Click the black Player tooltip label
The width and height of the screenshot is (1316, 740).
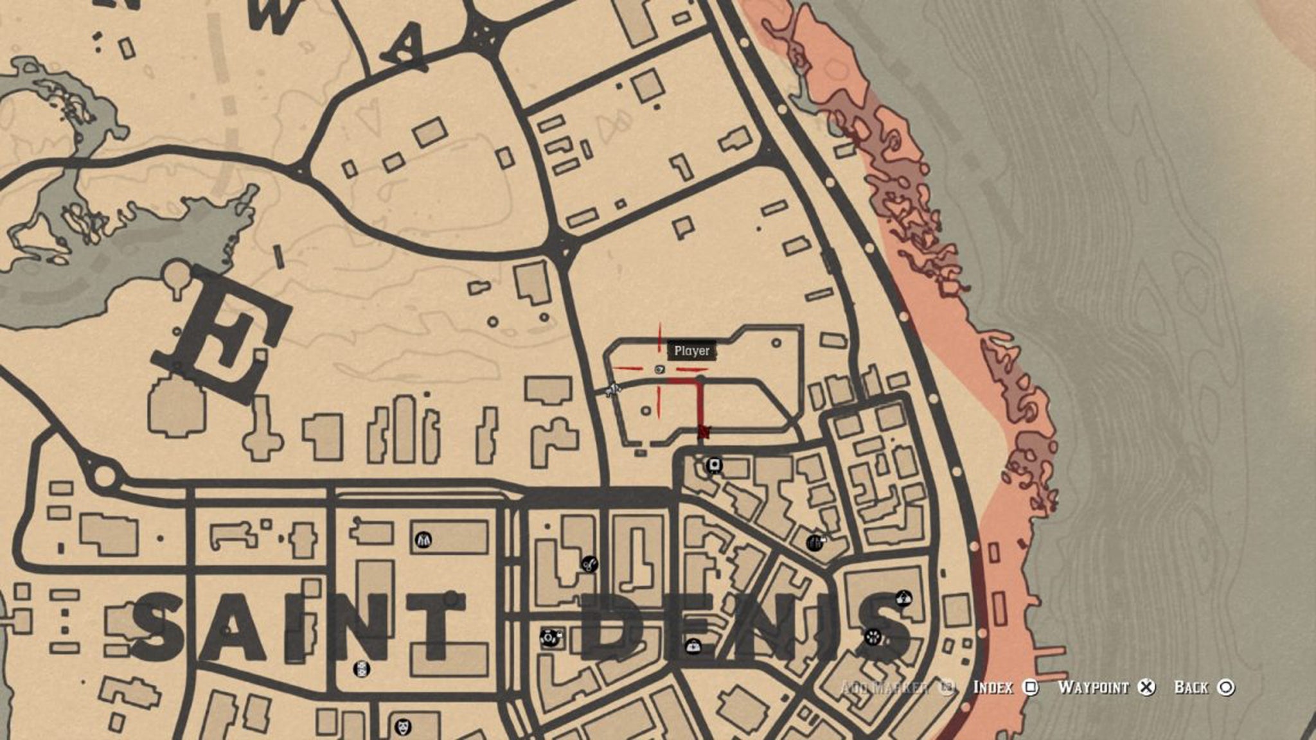pos(692,351)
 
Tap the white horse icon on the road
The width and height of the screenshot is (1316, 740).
pos(614,388)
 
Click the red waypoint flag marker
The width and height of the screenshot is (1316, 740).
pos(704,432)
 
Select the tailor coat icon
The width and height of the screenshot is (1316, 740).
pos(423,540)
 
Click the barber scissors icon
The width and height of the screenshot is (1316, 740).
pos(589,564)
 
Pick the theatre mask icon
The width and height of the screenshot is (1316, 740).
pos(403,727)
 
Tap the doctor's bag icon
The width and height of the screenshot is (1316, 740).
pos(693,646)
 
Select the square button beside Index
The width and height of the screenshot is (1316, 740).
pos(1030,687)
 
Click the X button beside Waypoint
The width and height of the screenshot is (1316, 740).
pos(1146,687)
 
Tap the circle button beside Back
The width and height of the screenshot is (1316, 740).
pos(1226,687)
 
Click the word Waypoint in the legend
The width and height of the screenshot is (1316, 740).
pos(1092,687)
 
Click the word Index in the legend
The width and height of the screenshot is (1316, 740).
pos(993,687)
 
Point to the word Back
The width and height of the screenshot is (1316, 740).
pos(1191,687)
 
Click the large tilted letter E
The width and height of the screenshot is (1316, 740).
pos(222,334)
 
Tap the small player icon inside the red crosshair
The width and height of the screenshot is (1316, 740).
pos(659,369)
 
